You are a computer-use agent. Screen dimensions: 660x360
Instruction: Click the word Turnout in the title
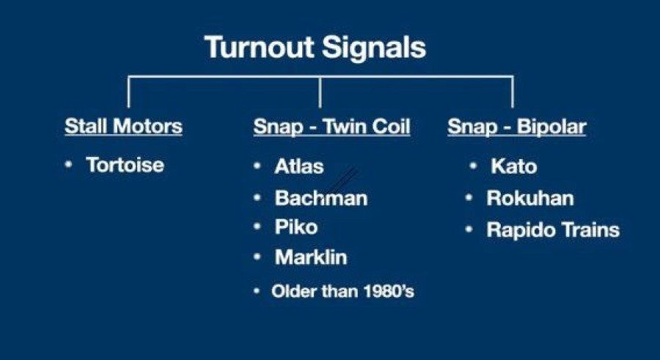pyautogui.click(x=259, y=47)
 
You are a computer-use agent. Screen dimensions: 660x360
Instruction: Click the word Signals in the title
pyautogui.click(x=374, y=48)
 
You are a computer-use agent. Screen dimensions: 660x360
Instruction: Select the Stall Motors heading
pyautogui.click(x=123, y=126)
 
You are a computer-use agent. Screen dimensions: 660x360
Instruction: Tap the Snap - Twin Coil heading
pyautogui.click(x=331, y=126)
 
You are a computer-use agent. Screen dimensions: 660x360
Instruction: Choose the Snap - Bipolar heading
pyautogui.click(x=517, y=127)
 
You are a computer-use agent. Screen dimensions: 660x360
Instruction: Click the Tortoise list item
pyautogui.click(x=125, y=165)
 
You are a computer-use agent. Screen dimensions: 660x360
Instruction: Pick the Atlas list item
pyautogui.click(x=299, y=166)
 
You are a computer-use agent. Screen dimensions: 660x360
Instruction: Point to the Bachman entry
pyautogui.click(x=321, y=198)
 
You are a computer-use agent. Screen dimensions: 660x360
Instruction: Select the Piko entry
pyautogui.click(x=296, y=227)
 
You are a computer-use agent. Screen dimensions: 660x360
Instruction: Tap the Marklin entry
pyautogui.click(x=311, y=257)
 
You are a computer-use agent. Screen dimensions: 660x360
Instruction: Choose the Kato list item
pyautogui.click(x=513, y=166)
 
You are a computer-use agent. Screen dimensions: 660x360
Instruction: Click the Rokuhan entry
pyautogui.click(x=530, y=198)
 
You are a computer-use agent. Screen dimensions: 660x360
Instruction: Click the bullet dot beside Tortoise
pyautogui.click(x=69, y=164)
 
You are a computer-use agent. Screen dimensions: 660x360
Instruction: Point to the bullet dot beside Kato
pyautogui.click(x=473, y=166)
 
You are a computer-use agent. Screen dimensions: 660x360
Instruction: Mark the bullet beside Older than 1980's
pyautogui.click(x=257, y=290)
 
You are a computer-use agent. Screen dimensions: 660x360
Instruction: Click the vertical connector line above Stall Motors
pyautogui.click(x=128, y=92)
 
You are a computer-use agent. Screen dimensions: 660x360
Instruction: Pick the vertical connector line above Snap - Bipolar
pyautogui.click(x=513, y=92)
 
